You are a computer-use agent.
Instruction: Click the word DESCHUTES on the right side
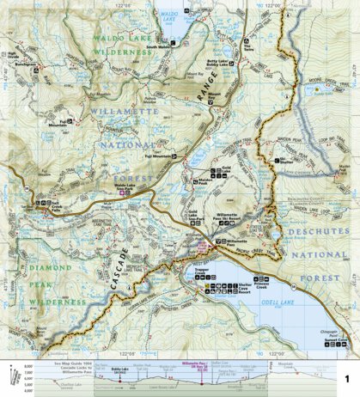pyautogui.click(x=313, y=229)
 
